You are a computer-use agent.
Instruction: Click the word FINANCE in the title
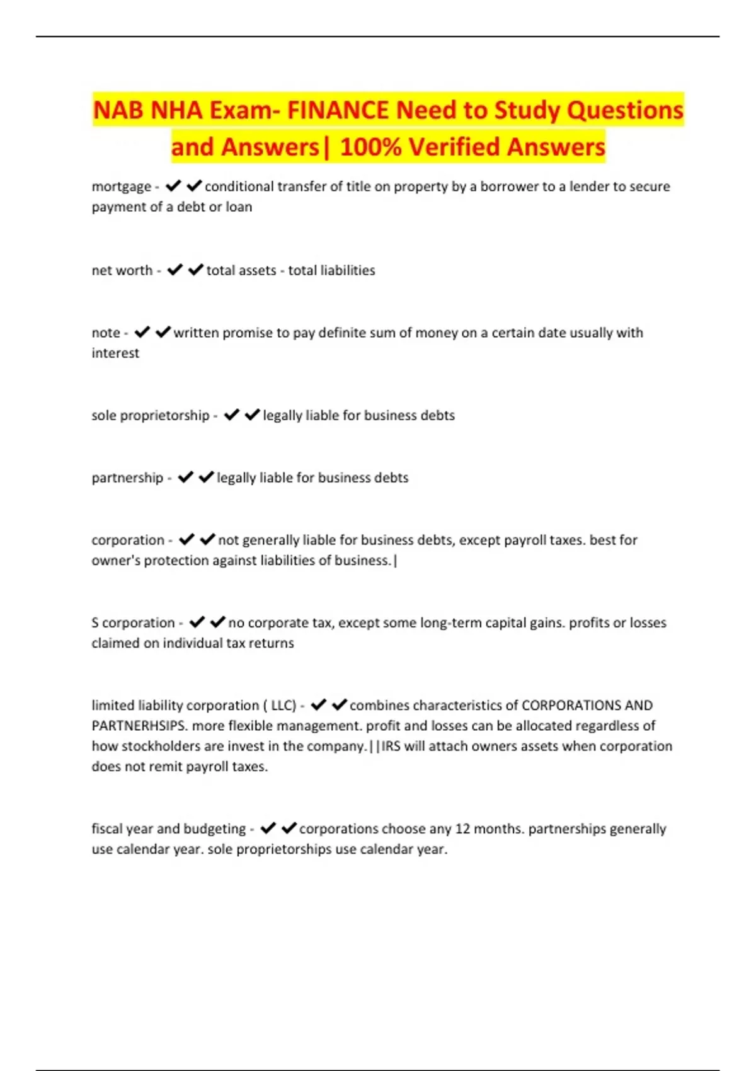(338, 110)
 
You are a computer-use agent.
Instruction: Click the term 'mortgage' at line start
(122, 186)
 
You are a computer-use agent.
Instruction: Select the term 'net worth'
(122, 270)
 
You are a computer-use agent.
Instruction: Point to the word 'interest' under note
(115, 353)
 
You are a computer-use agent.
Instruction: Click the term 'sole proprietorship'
(151, 415)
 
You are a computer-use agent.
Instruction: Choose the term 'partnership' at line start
(127, 478)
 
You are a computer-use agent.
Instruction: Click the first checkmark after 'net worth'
(175, 270)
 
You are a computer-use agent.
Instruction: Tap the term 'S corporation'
(133, 622)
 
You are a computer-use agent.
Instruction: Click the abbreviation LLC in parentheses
(283, 705)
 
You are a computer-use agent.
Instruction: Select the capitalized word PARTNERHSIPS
(139, 726)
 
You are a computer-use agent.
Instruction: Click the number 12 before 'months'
(462, 828)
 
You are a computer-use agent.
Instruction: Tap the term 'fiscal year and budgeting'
(169, 828)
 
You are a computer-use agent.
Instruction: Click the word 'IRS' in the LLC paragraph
(391, 746)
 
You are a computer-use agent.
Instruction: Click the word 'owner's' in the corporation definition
(115, 560)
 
